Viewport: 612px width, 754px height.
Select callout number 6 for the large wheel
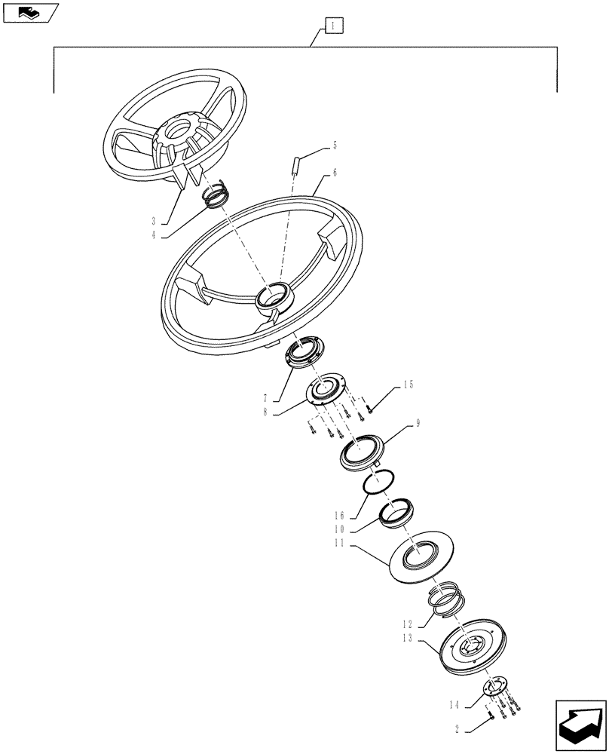pos(335,173)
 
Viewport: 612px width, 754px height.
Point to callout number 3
pos(154,221)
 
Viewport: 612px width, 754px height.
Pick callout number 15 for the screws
pos(408,385)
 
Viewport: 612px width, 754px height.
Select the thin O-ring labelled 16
pos(374,483)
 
